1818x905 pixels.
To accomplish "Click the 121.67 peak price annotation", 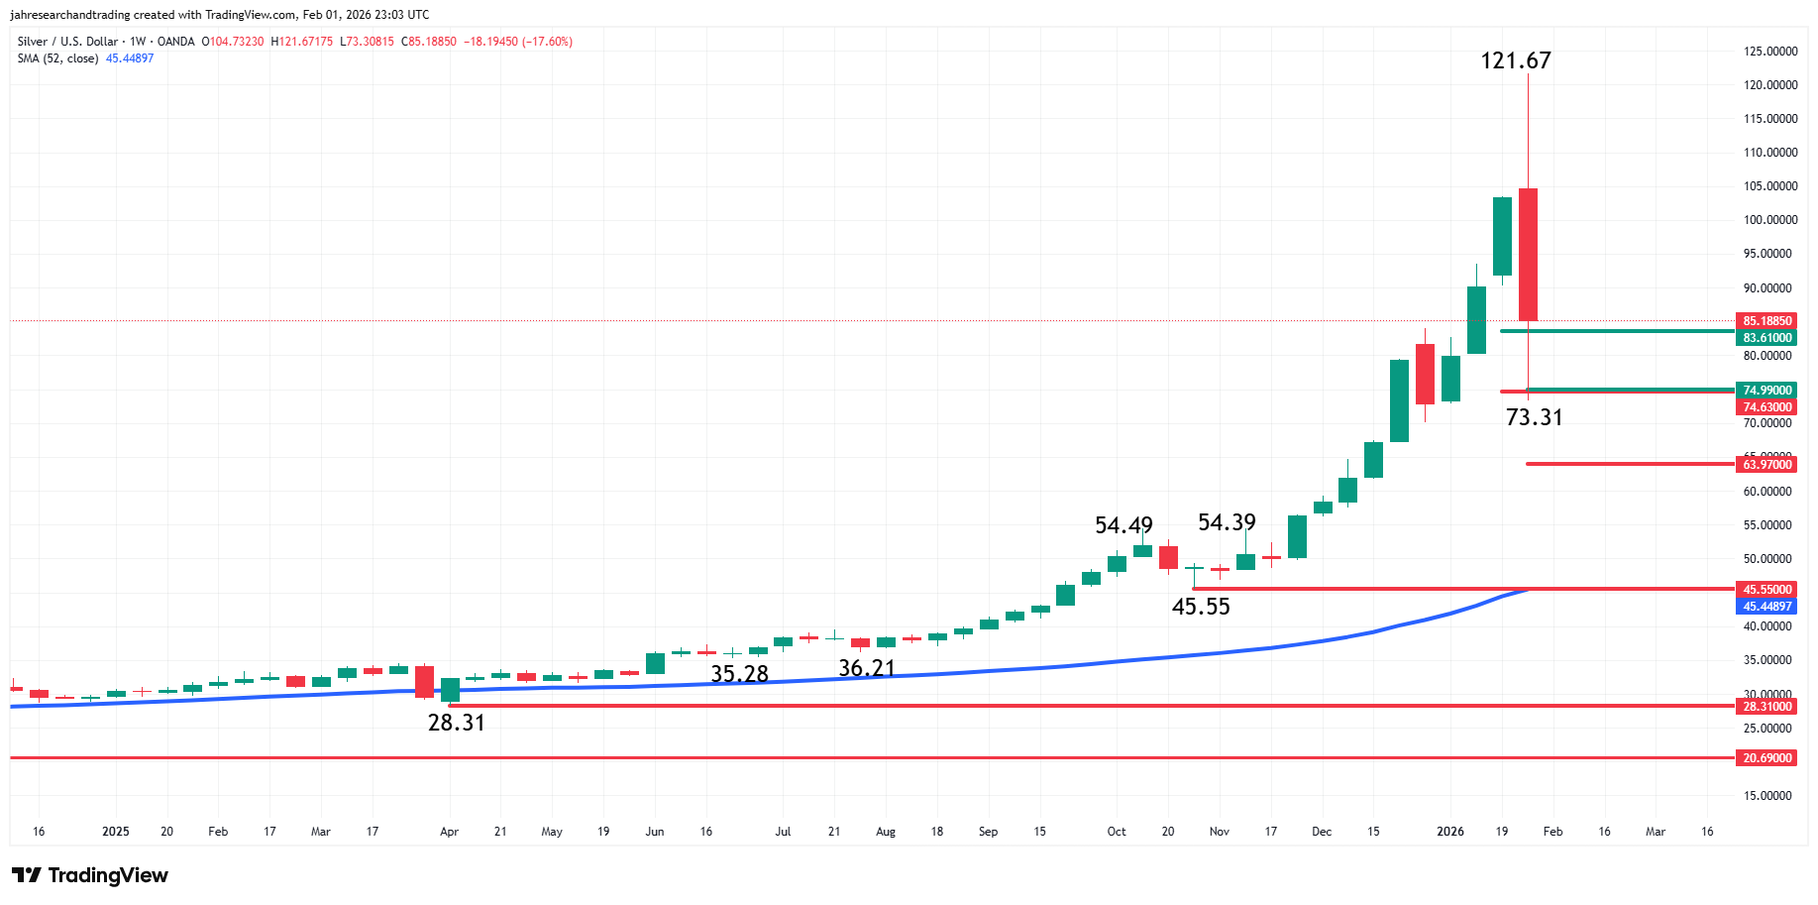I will [x=1515, y=60].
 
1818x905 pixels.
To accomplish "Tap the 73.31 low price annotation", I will [x=1534, y=417].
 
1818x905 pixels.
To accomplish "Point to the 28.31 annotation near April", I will [x=456, y=723].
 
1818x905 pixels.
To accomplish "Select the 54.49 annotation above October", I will [x=1123, y=525].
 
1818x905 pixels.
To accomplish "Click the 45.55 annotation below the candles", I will [x=1201, y=607].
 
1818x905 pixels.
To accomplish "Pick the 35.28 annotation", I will [x=739, y=674].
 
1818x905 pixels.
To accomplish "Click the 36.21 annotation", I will [x=866, y=669].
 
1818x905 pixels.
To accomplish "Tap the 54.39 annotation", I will [x=1227, y=522].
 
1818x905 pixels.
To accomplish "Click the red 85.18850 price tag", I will [x=1766, y=321].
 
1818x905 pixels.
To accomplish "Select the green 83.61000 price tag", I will [x=1766, y=338].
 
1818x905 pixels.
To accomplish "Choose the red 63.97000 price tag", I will [x=1766, y=465].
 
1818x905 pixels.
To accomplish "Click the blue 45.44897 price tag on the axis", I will [x=1766, y=607].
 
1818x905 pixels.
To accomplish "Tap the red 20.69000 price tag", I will [x=1766, y=758].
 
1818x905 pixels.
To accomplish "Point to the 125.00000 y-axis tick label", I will [x=1769, y=52].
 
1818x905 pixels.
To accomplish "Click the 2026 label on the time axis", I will [x=1449, y=832].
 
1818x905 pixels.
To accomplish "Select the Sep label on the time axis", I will [x=988, y=832].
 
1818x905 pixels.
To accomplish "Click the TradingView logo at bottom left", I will [x=90, y=875].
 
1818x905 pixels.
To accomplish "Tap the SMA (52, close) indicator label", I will [x=57, y=58].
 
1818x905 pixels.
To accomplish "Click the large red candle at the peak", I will [x=1528, y=254].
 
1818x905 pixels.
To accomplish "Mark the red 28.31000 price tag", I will [x=1766, y=707].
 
